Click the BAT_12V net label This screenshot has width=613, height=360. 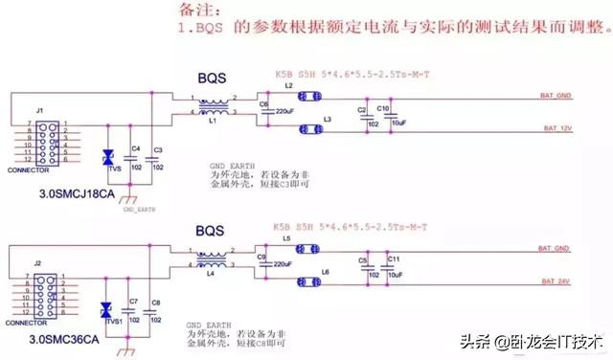point(557,127)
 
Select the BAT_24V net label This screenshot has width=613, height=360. point(557,282)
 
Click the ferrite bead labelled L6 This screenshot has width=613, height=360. point(308,281)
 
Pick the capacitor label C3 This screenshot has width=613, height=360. point(158,150)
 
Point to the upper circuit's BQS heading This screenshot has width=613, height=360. point(212,75)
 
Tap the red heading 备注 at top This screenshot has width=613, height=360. point(197,10)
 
